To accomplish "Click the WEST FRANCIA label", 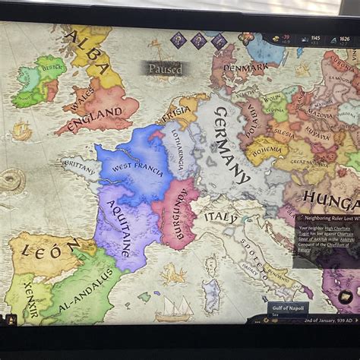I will coord(137,168).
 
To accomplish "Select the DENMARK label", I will coord(245,68).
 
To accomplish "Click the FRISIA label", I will coord(176,114).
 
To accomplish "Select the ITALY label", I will coord(221,217).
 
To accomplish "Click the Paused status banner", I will coord(165,68).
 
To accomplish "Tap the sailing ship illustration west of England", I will coord(22,131).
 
